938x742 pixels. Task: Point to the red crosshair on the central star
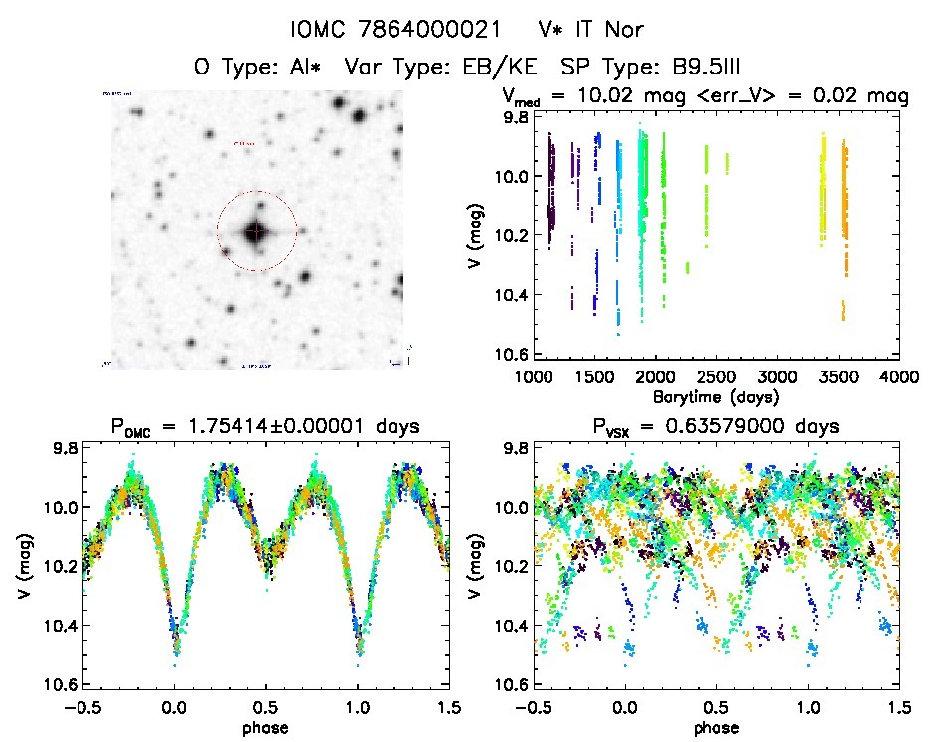click(256, 231)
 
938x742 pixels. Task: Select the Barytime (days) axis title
click(715, 395)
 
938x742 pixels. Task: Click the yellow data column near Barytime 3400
click(823, 189)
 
